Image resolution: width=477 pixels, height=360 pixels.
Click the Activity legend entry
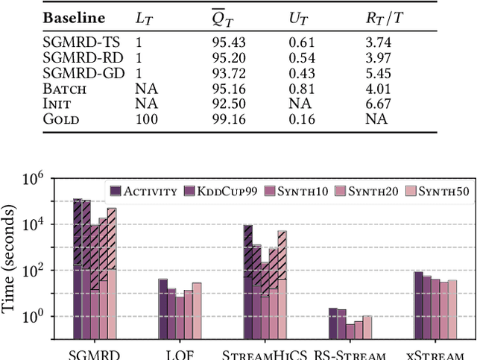tap(151, 191)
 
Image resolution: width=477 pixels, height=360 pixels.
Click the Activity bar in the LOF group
tap(162, 308)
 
